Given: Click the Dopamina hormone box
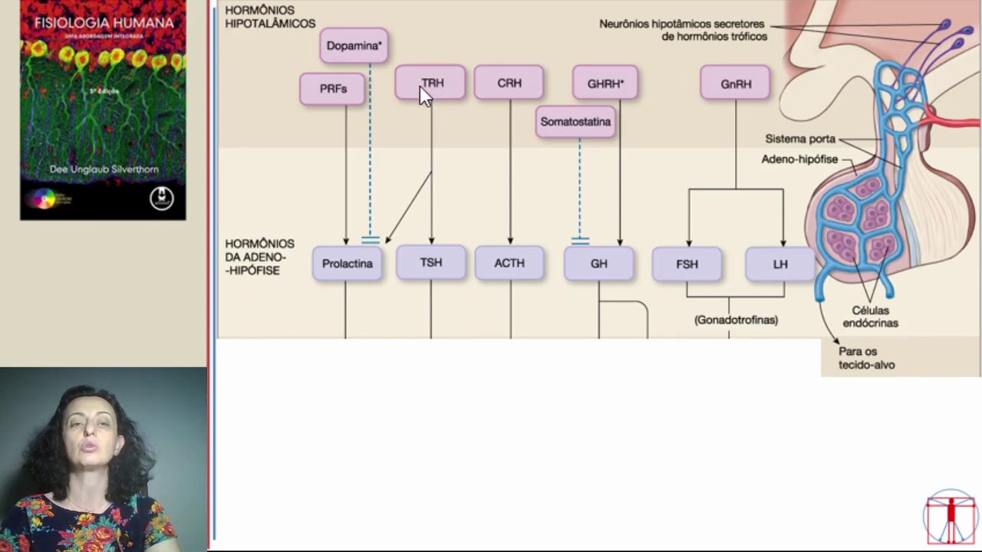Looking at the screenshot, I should coord(354,46).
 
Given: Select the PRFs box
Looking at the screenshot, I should coord(333,89).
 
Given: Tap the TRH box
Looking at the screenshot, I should coord(431,83).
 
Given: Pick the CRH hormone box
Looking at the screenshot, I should coord(509,83).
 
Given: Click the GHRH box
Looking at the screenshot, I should coord(605,84).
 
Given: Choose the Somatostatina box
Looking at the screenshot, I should coord(575,122).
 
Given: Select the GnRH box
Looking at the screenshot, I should coord(736,84).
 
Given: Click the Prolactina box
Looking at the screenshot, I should coord(348,264).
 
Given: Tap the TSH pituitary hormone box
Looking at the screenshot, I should coord(431,262).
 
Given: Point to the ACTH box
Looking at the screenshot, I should coord(509,263).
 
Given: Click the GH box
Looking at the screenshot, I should coord(599,264).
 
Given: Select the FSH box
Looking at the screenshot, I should coord(687,264).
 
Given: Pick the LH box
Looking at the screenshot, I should coord(780,264).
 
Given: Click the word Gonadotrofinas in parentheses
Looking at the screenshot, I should coord(736,320).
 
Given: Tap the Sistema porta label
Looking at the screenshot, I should coord(799,139).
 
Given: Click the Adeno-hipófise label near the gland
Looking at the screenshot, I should coord(799,159).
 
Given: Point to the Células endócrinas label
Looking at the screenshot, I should coord(870,317).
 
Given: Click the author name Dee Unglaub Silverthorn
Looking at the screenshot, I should coord(104,169).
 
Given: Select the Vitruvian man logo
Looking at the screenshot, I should coord(951,517).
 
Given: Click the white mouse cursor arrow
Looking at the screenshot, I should coord(425,97).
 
